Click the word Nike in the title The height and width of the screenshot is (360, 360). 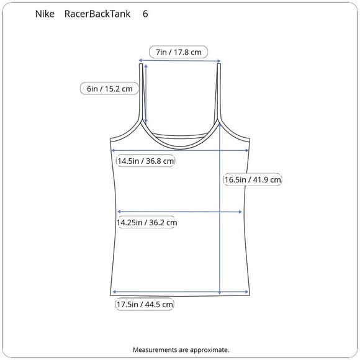(45, 14)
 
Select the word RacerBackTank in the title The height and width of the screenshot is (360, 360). (97, 14)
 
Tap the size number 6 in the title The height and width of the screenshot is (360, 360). (145, 14)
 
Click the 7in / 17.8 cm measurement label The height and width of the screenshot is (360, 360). (178, 52)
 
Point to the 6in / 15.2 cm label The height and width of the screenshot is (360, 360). (109, 89)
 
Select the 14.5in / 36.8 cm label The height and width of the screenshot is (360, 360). (146, 161)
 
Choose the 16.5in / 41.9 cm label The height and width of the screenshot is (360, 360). (253, 179)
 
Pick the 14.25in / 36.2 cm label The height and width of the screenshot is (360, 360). (146, 222)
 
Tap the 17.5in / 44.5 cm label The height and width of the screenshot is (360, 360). (145, 304)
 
